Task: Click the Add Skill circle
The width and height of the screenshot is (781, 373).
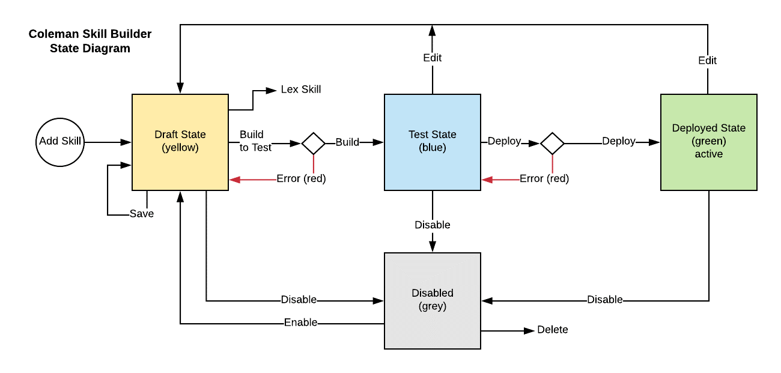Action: [60, 142]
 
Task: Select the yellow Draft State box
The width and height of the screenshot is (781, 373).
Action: [180, 142]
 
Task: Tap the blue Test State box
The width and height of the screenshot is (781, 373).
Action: [433, 142]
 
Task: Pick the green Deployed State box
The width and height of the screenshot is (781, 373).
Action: [709, 142]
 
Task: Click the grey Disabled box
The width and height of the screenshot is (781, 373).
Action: [433, 300]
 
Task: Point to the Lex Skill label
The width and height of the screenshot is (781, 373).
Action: [301, 89]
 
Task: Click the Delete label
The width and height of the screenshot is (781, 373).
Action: [552, 330]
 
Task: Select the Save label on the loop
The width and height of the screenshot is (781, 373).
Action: [142, 214]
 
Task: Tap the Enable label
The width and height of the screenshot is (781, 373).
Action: [301, 323]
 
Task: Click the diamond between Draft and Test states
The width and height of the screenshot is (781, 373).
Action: [313, 143]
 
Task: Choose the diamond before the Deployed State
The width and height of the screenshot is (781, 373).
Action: [552, 143]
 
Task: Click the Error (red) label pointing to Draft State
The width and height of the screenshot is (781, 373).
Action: [301, 179]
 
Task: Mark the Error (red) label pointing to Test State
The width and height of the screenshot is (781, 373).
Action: [544, 179]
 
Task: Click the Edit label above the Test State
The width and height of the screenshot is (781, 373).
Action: [432, 58]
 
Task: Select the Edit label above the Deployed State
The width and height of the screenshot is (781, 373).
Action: [707, 61]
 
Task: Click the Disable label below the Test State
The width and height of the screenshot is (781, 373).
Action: [432, 225]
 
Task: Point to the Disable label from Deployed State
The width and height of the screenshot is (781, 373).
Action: [604, 300]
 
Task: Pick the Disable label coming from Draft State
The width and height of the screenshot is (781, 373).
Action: [299, 300]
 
